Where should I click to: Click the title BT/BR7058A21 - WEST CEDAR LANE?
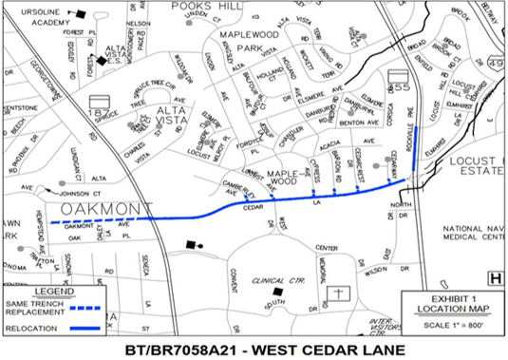[253, 350]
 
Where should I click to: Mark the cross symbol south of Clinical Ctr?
[337, 294]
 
